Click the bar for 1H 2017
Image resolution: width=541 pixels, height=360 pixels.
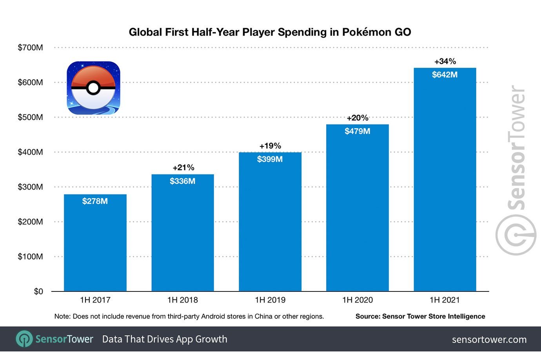tap(95, 243)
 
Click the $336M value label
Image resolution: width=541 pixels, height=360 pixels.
tap(183, 181)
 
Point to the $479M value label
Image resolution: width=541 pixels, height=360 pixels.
tap(358, 131)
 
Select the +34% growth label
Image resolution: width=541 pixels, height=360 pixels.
tap(445, 62)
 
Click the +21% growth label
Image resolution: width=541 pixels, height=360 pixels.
tap(183, 168)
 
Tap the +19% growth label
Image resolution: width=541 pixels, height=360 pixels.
tap(270, 146)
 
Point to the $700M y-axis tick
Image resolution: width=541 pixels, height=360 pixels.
tap(30, 48)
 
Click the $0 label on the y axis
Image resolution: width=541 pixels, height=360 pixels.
tap(38, 291)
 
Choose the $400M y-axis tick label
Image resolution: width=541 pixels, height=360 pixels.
tap(30, 152)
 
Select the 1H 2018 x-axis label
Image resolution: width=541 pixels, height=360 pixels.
tap(183, 300)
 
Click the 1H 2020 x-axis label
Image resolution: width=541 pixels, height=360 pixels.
tap(358, 300)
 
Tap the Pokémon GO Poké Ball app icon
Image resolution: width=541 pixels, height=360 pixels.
tap(93, 88)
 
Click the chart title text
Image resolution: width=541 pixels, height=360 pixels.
tap(270, 32)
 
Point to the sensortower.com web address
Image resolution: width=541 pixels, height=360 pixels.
tap(489, 340)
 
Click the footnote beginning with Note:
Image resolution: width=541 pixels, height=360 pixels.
tap(189, 317)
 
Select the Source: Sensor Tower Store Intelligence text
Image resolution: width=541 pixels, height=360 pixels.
tap(420, 317)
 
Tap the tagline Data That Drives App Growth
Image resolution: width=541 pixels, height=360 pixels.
tap(165, 339)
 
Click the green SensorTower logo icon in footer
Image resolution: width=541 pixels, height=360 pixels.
tap(24, 339)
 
